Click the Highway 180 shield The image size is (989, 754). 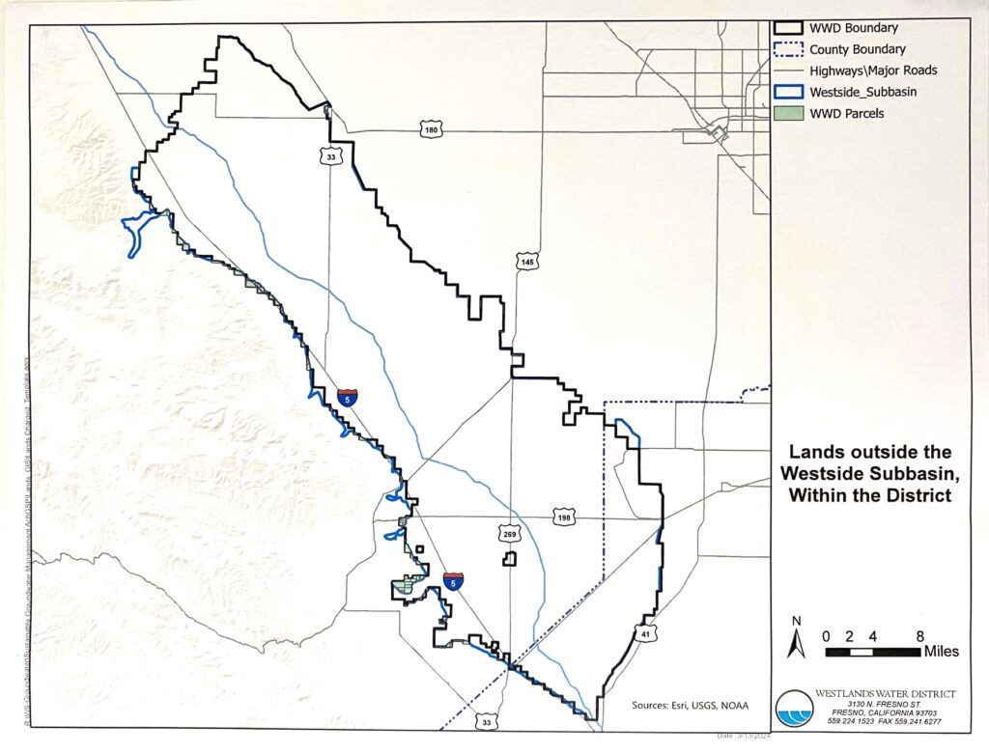(x=431, y=128)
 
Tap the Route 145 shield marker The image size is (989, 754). (x=526, y=263)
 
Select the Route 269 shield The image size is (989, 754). (x=508, y=533)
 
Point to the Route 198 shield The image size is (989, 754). (x=565, y=518)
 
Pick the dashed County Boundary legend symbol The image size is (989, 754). (x=786, y=49)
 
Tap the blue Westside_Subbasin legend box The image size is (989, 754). (x=786, y=92)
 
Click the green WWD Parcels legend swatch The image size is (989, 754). (x=786, y=113)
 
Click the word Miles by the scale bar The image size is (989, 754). (x=941, y=652)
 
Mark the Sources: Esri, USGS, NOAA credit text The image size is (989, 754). (x=689, y=704)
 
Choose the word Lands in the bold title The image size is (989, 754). (x=816, y=452)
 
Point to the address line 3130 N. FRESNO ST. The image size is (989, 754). (x=875, y=706)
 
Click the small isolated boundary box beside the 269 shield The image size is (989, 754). (x=509, y=559)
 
